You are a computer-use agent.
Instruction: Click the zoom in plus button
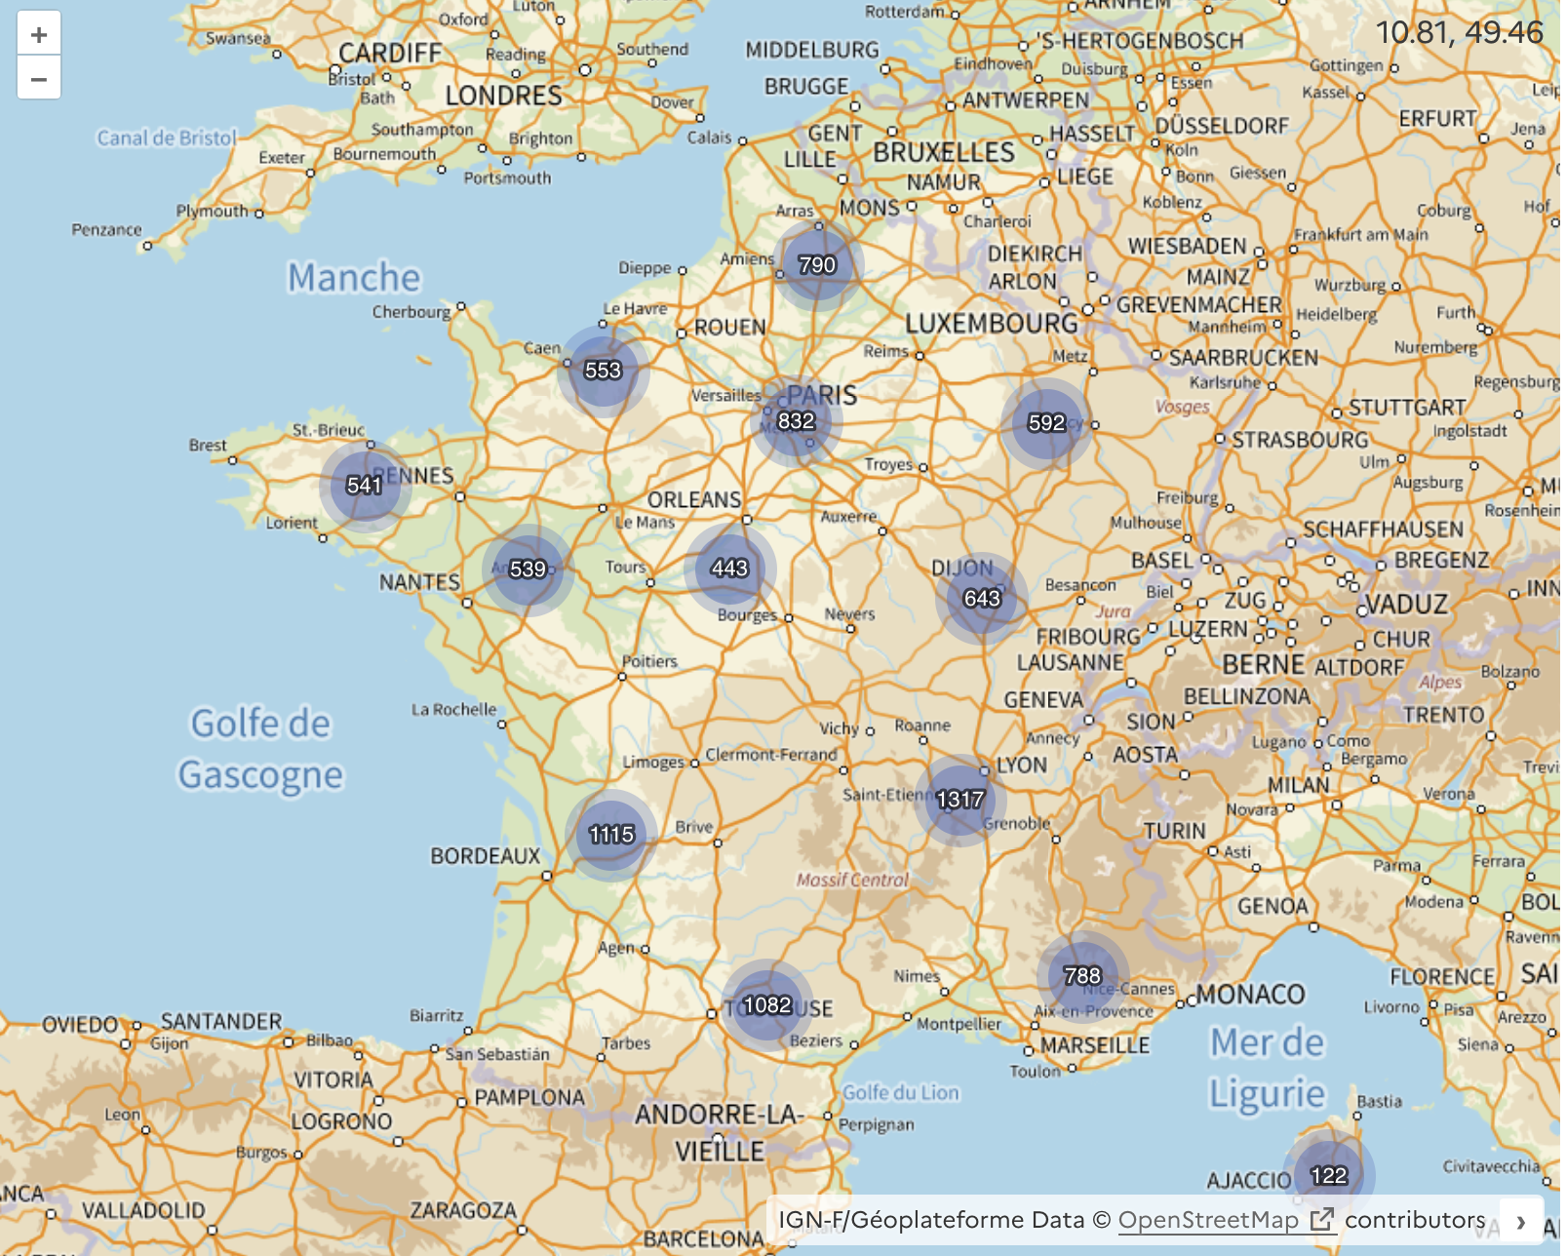click(39, 35)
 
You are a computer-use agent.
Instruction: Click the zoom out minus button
click(39, 78)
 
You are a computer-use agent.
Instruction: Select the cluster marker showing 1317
click(960, 800)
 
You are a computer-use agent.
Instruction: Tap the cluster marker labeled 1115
click(611, 835)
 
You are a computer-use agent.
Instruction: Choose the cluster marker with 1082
click(767, 1004)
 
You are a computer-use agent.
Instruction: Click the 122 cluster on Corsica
click(1328, 1175)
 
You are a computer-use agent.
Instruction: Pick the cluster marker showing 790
click(817, 265)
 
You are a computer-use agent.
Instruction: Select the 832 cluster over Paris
click(796, 421)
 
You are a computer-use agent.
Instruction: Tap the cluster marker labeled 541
click(365, 485)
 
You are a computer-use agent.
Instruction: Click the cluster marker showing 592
click(1046, 422)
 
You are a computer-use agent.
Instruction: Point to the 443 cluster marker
click(729, 568)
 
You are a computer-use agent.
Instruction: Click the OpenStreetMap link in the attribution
click(1208, 1220)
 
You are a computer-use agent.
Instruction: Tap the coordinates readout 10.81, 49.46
click(1458, 32)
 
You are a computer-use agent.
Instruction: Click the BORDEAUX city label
click(486, 856)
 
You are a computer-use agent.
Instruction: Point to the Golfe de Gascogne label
click(260, 749)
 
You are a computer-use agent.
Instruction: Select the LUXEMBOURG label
click(992, 324)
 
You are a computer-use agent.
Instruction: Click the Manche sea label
click(354, 278)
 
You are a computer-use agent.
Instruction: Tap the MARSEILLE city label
click(1095, 1045)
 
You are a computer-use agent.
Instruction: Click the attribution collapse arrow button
click(1520, 1221)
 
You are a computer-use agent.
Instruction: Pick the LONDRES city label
click(504, 96)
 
